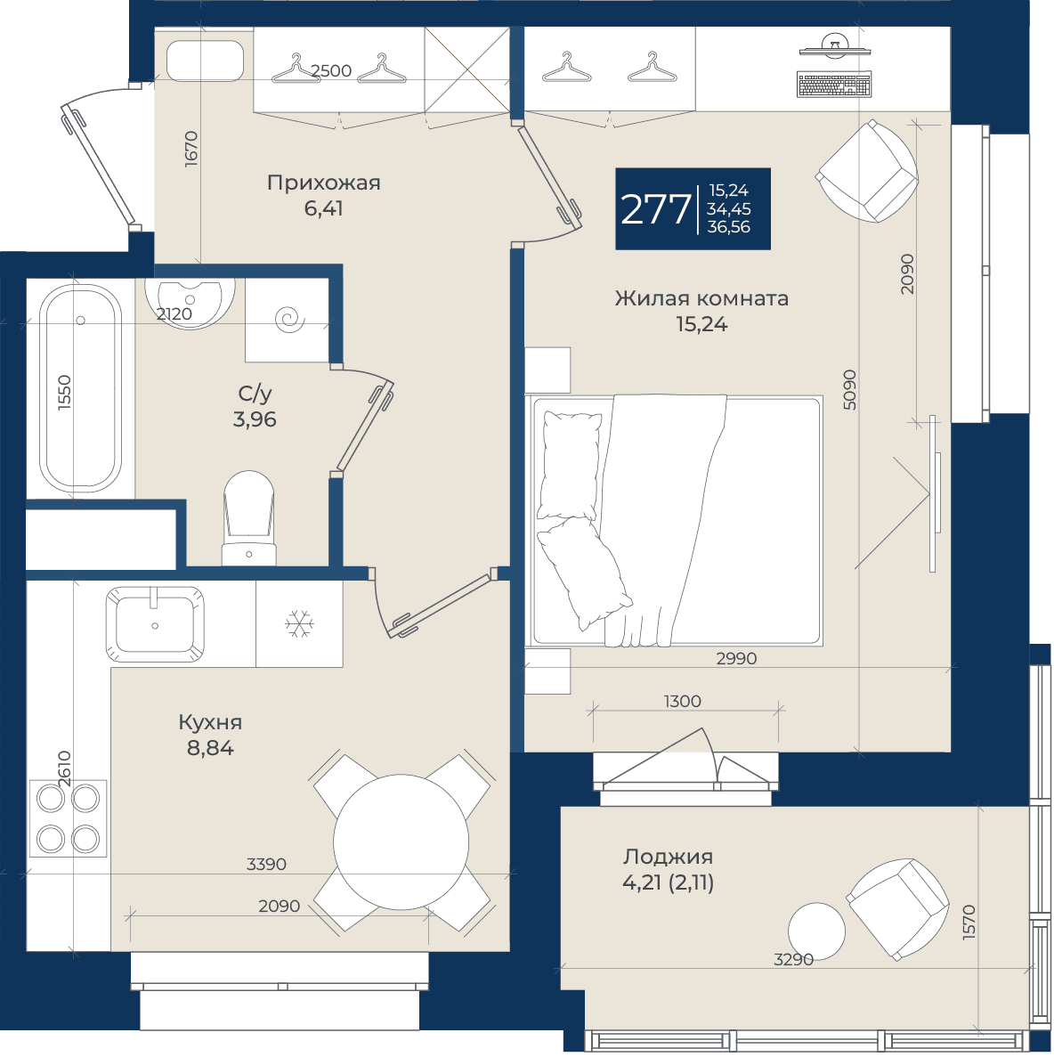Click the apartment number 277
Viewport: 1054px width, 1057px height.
[x=655, y=209]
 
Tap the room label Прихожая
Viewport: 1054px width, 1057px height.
[x=323, y=183]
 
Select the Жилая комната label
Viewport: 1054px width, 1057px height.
[x=701, y=298]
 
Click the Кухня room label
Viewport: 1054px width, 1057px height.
[x=210, y=722]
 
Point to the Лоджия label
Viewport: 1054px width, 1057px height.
[x=668, y=857]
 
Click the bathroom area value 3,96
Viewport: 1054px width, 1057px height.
[x=255, y=419]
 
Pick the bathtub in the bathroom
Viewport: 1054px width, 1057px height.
[x=80, y=387]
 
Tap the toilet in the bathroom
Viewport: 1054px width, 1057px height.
[x=248, y=517]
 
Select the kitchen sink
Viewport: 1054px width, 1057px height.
[x=155, y=623]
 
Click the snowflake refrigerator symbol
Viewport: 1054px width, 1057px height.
[x=299, y=623]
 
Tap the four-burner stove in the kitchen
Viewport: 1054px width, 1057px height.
[x=68, y=818]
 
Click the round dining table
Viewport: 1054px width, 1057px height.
[x=401, y=842]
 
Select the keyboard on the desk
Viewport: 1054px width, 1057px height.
[x=834, y=85]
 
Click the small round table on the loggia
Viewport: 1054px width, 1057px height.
[x=817, y=931]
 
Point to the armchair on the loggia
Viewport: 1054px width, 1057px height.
[x=897, y=908]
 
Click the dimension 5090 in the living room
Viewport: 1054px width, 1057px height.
[x=850, y=390]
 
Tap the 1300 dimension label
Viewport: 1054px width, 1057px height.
[x=683, y=701]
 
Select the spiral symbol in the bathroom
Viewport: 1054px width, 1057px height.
[x=290, y=318]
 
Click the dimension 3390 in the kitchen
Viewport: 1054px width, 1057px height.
[x=266, y=864]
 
